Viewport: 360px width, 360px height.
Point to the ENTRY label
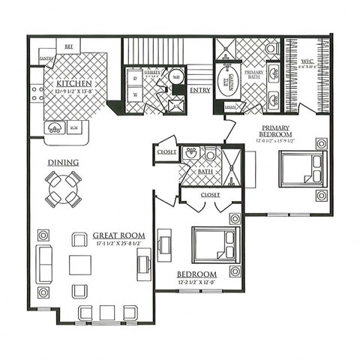coord(200,90)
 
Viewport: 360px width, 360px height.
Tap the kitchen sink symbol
coord(56,127)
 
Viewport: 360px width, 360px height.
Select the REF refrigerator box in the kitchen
coord(68,46)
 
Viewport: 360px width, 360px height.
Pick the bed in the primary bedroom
coord(301,169)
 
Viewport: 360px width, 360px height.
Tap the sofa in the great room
coord(43,264)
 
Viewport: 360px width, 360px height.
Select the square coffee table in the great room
coord(80,265)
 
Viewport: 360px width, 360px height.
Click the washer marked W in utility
coord(134,95)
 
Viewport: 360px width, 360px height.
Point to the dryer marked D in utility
coord(134,76)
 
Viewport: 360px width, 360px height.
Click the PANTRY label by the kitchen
coord(46,57)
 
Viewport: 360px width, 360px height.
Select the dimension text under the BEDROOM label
coord(196,283)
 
